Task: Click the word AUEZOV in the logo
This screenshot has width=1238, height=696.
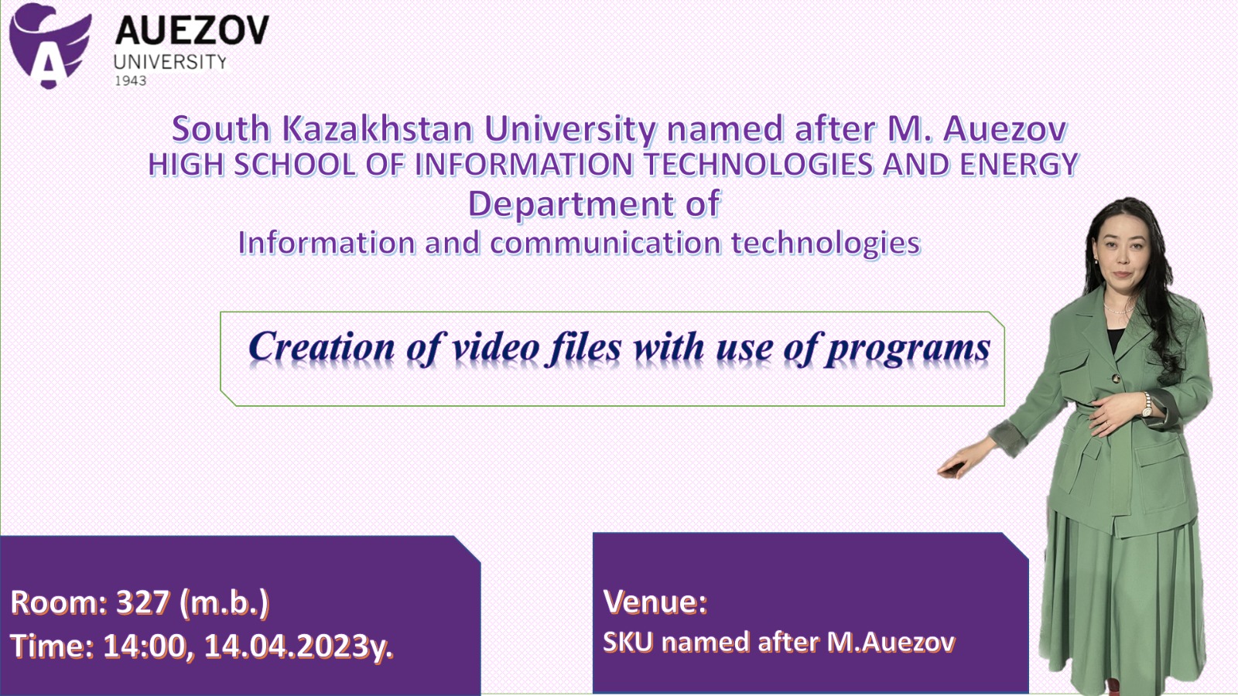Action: click(192, 30)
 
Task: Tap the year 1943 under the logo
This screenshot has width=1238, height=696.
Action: click(131, 80)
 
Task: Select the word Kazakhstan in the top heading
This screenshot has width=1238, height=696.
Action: click(378, 128)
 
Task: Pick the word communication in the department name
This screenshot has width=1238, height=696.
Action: click(605, 243)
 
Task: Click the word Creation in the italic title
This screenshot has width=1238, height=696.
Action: click(322, 347)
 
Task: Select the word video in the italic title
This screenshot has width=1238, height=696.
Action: click(496, 347)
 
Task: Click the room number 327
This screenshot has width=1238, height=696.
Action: click(142, 602)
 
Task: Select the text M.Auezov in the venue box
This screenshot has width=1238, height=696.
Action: click(891, 642)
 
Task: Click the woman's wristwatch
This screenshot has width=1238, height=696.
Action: click(1147, 406)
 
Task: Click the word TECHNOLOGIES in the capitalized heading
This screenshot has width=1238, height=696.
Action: click(758, 164)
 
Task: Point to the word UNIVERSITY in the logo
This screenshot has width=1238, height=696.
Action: click(170, 62)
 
